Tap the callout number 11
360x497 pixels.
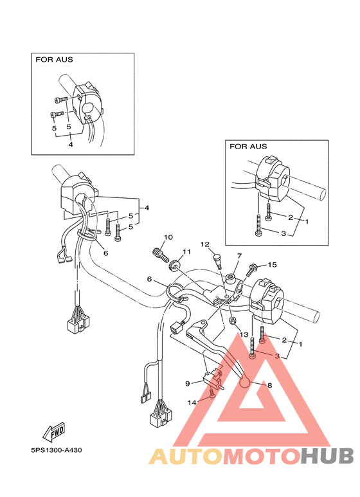coord(186,251)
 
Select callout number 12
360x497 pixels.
coord(205,244)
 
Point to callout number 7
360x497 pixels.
coord(239,256)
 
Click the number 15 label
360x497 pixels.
coord(272,264)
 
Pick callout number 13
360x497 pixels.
coord(243,335)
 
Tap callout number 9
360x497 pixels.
coord(188,383)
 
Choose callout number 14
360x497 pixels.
coord(192,402)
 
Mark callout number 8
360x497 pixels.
coord(269,386)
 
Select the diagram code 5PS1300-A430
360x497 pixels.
coord(55,450)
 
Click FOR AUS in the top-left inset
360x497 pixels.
coord(54,60)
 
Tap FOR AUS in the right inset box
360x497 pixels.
coord(248,147)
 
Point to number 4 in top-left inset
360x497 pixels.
coord(71,145)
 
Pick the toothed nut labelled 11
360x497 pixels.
coord(173,264)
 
